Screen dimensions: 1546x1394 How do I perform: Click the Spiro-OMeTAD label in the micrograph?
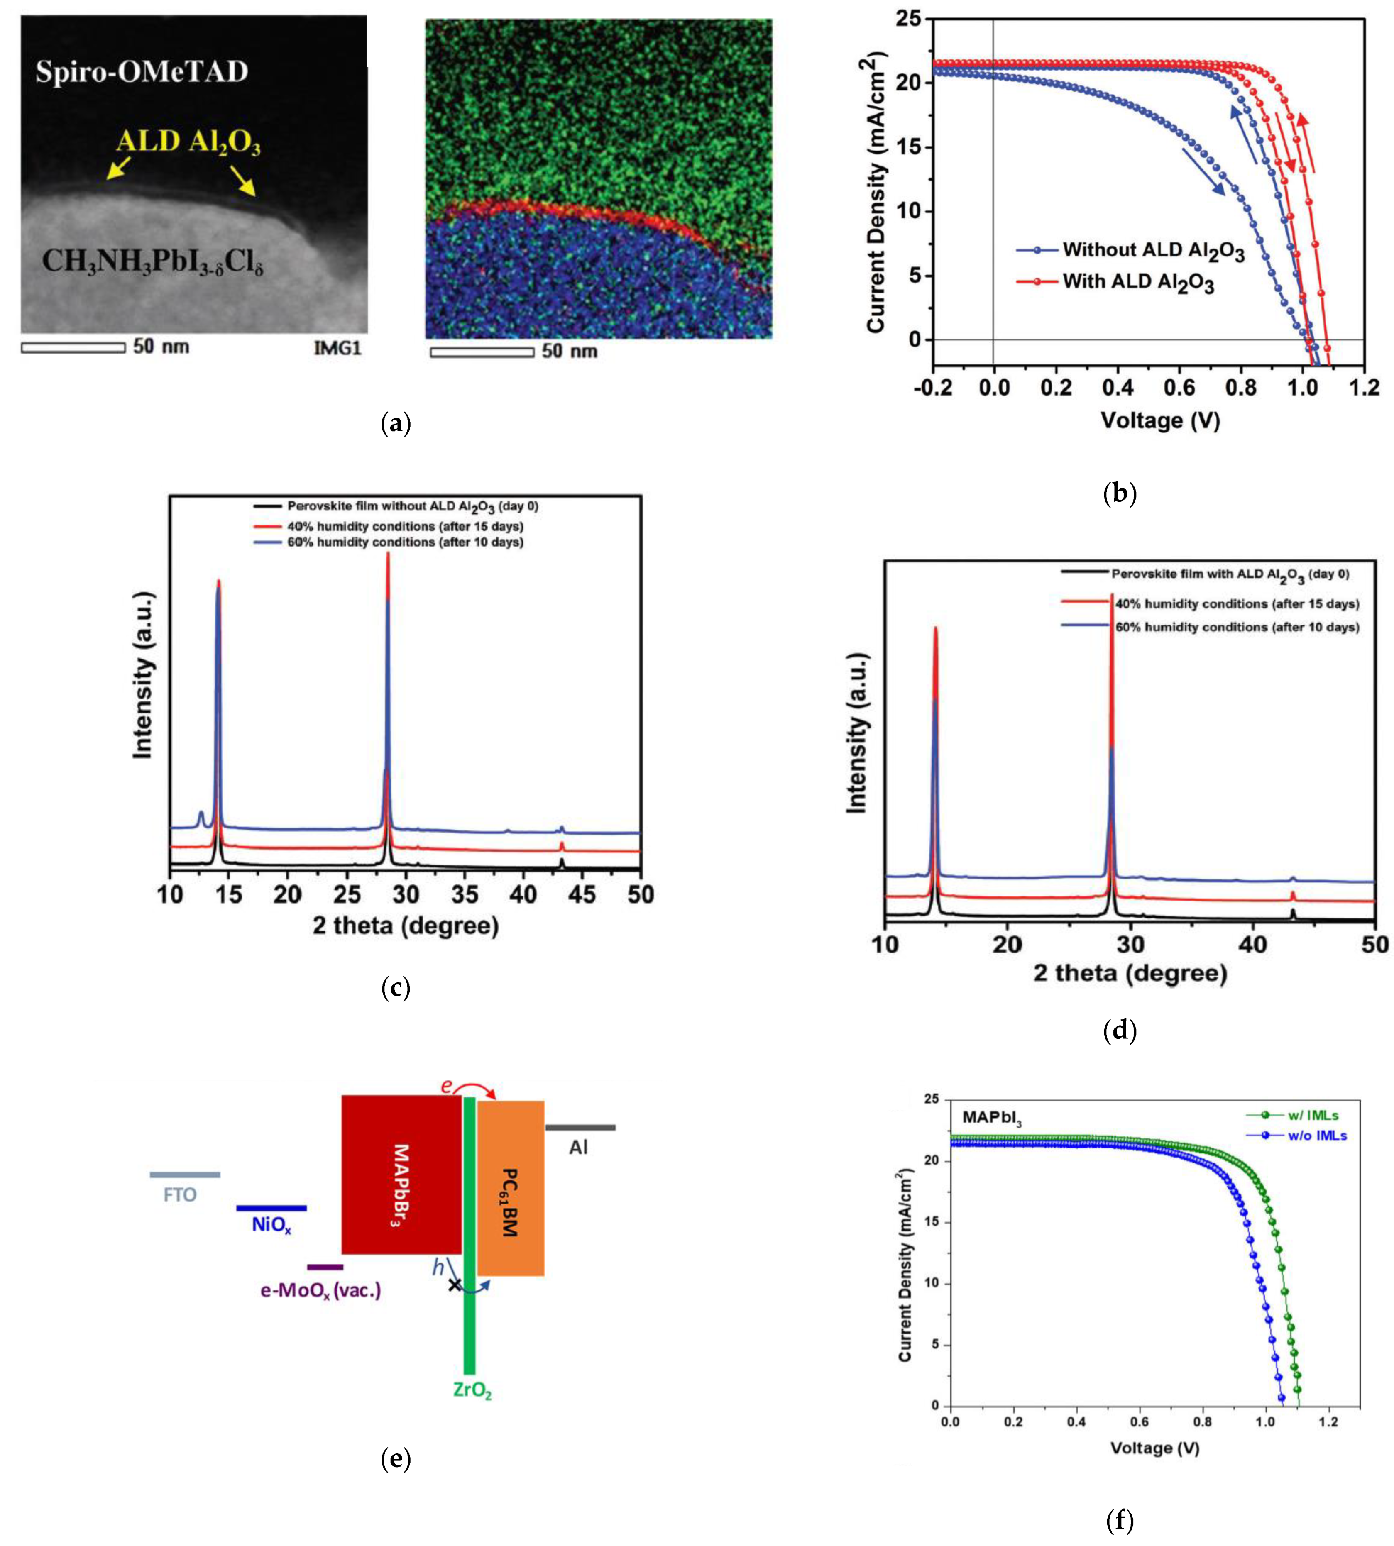pos(142,72)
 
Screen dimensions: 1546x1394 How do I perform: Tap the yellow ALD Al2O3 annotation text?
pos(188,142)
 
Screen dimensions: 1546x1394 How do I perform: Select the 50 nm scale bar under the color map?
pos(482,352)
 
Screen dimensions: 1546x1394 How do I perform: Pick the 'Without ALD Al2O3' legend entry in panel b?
pos(1153,250)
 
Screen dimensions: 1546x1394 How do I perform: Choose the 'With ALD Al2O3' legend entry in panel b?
pos(1137,282)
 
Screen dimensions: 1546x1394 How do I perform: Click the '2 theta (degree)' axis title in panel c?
pos(405,926)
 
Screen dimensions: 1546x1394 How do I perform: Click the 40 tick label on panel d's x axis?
pos(1253,945)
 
